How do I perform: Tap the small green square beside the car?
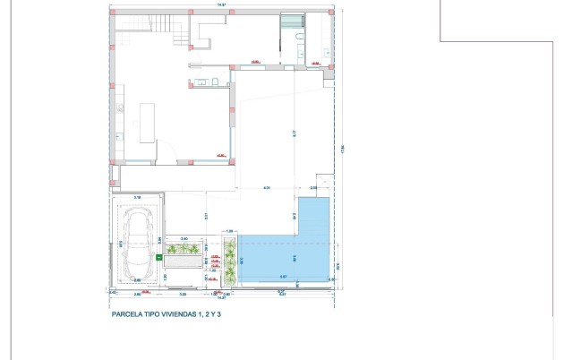click(x=158, y=257)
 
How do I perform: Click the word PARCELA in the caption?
click(x=126, y=315)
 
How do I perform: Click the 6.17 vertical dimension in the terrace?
click(x=293, y=134)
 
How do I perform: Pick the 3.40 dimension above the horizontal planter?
click(x=184, y=238)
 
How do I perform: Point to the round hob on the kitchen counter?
click(x=117, y=136)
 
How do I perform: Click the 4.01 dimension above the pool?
click(x=266, y=188)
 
